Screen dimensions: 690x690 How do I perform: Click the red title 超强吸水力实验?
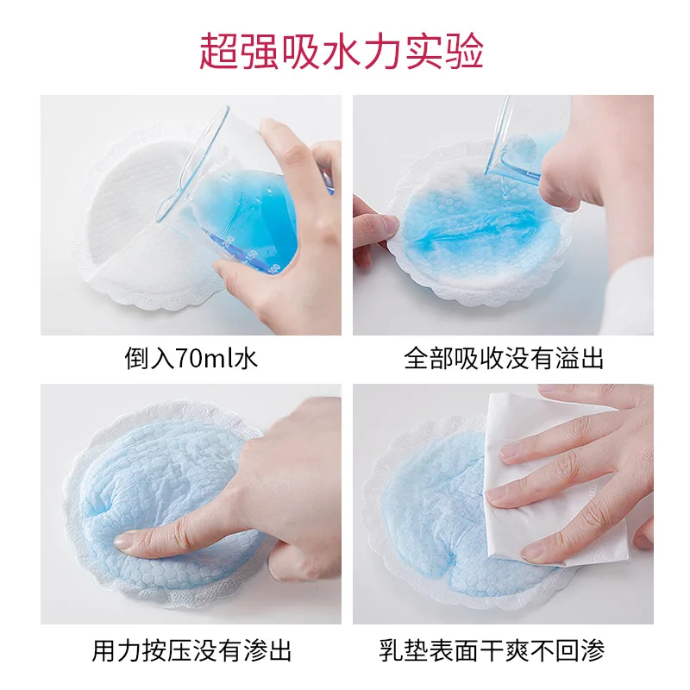[x=342, y=51]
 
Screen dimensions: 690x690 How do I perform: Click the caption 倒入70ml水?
[x=191, y=358]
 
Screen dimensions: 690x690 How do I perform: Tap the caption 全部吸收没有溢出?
[x=504, y=358]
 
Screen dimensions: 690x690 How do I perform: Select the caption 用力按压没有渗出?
[x=191, y=649]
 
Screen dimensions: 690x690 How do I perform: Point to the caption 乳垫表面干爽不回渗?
[x=504, y=649]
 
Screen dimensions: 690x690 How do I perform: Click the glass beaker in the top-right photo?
[x=517, y=142]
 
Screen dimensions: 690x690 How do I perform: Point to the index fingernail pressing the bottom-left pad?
[x=126, y=542]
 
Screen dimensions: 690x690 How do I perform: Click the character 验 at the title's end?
[x=466, y=51]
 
